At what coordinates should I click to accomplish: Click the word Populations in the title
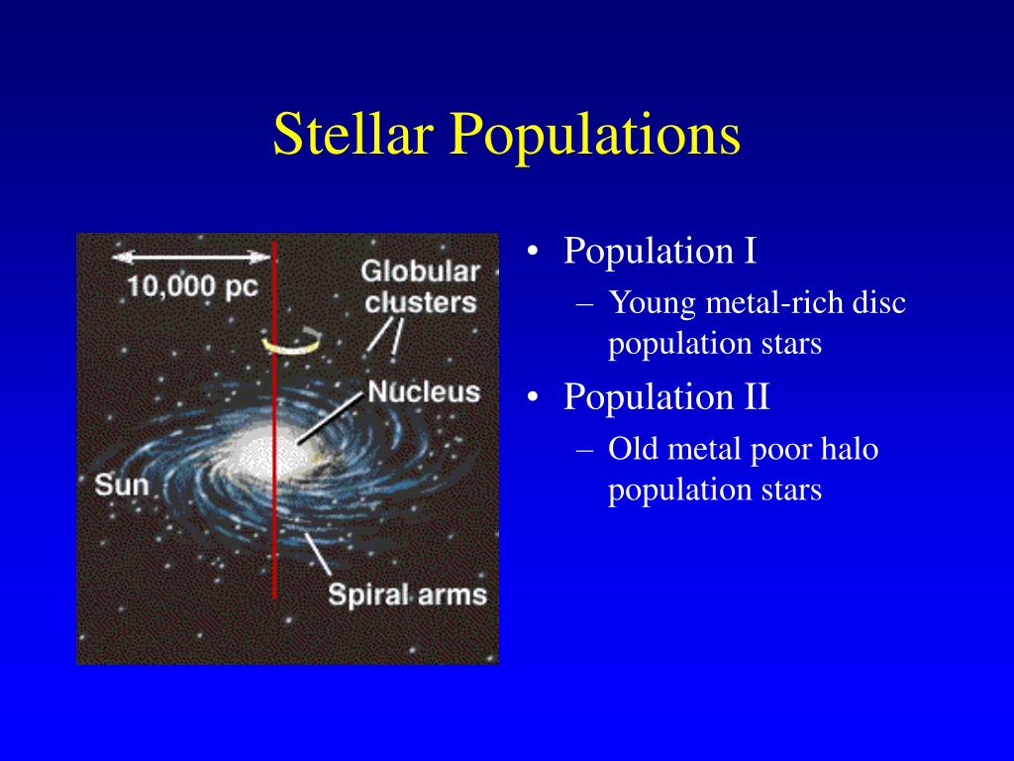tap(595, 136)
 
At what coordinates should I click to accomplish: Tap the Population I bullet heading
tap(659, 251)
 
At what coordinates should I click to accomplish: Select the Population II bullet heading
tap(666, 396)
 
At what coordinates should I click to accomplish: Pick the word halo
tap(849, 449)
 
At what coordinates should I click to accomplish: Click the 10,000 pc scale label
tap(193, 286)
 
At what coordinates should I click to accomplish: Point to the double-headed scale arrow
tap(191, 257)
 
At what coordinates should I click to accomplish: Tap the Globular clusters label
tap(420, 286)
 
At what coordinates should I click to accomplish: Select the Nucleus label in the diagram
tap(424, 392)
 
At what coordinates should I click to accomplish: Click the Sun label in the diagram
tap(122, 486)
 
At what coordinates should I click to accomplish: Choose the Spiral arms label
tap(407, 596)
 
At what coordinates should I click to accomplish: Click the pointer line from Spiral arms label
tap(318, 554)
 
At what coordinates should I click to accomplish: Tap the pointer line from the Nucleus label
tap(330, 418)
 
